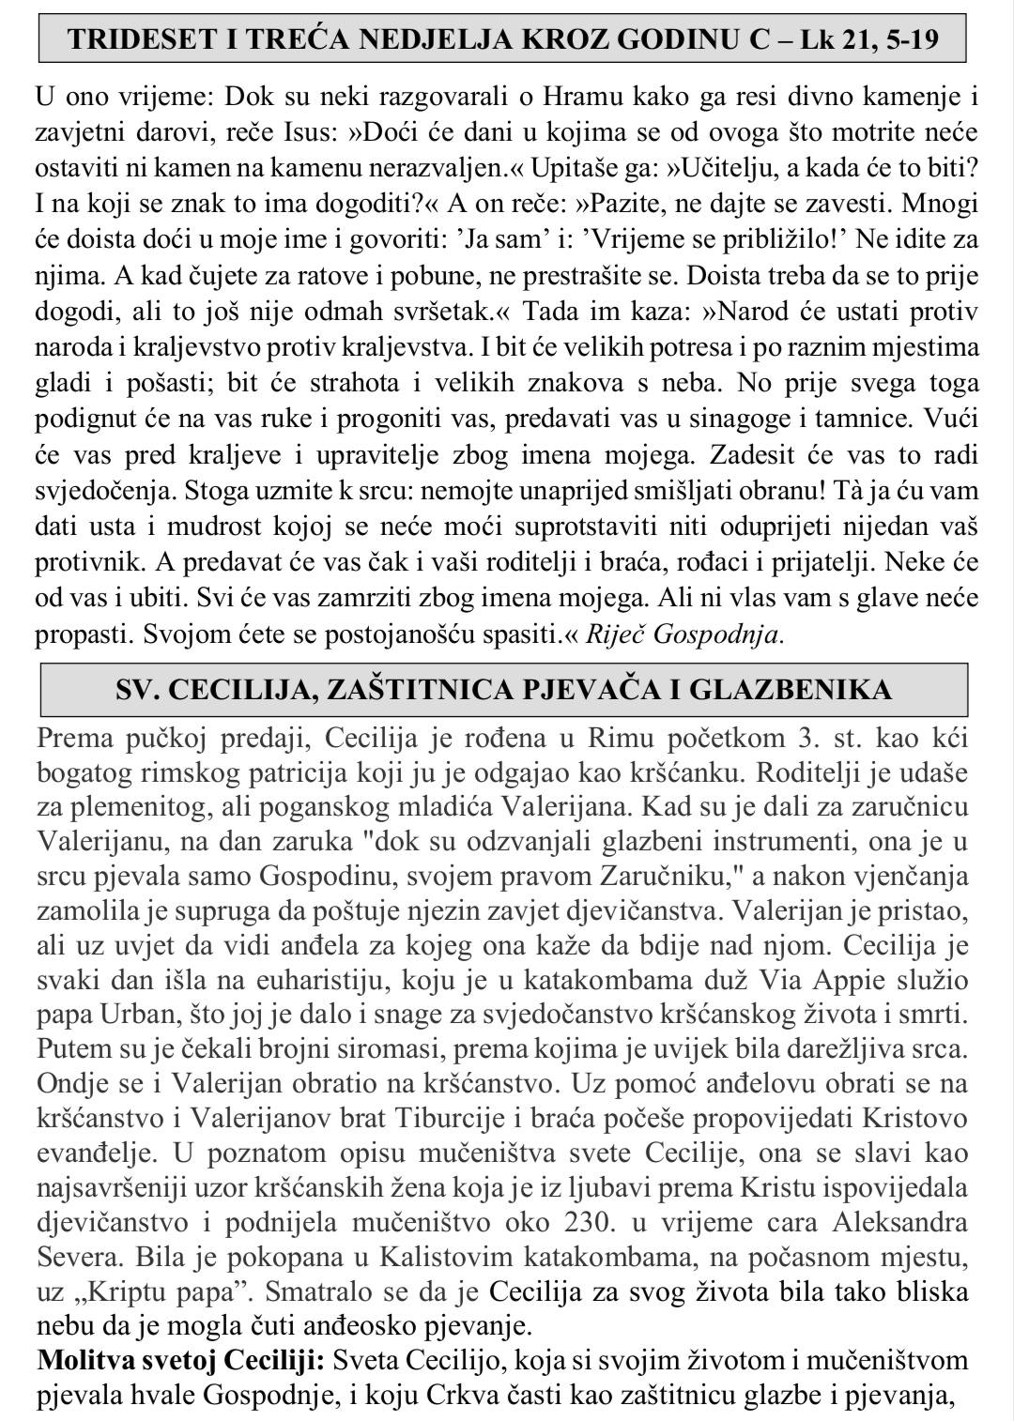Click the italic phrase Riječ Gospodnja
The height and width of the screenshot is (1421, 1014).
click(x=684, y=634)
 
